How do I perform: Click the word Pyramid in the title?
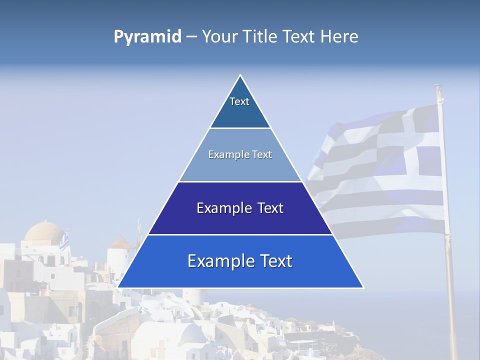pos(147,36)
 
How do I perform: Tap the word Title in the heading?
pos(261,36)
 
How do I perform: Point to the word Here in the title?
pos(339,36)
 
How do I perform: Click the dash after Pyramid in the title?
pos(191,37)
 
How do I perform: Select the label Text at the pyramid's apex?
pos(239,101)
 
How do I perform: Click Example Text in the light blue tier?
pos(240,154)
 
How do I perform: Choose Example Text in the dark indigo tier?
pos(240,208)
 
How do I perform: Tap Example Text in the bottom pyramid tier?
pos(240,261)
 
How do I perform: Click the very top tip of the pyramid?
pos(240,76)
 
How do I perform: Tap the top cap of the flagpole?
pos(438,88)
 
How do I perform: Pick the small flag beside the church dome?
pos(64,241)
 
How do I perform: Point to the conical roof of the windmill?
pos(121,242)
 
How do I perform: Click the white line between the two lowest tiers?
pos(240,234)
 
